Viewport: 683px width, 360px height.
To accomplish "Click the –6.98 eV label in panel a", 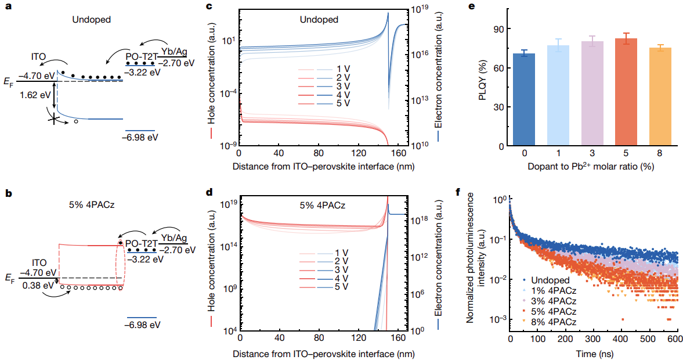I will click(140, 138).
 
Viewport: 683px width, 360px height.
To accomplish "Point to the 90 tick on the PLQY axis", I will click(497, 28).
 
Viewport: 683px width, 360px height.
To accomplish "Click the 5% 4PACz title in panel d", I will click(323, 206).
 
